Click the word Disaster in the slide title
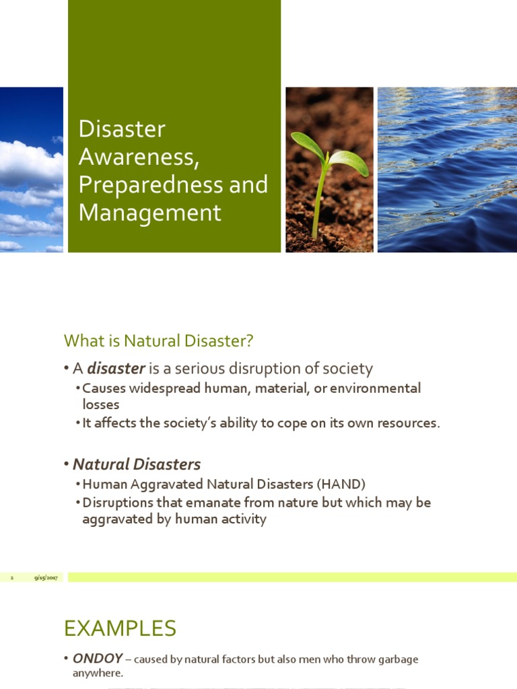[122, 129]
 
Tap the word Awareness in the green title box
[139, 157]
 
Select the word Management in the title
[149, 212]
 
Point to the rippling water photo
[447, 170]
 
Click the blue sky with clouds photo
[31, 170]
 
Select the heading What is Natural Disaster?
[158, 341]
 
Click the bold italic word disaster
[116, 369]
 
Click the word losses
[100, 404]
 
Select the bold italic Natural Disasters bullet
[137, 464]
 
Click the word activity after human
[242, 519]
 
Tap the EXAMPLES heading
[120, 628]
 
